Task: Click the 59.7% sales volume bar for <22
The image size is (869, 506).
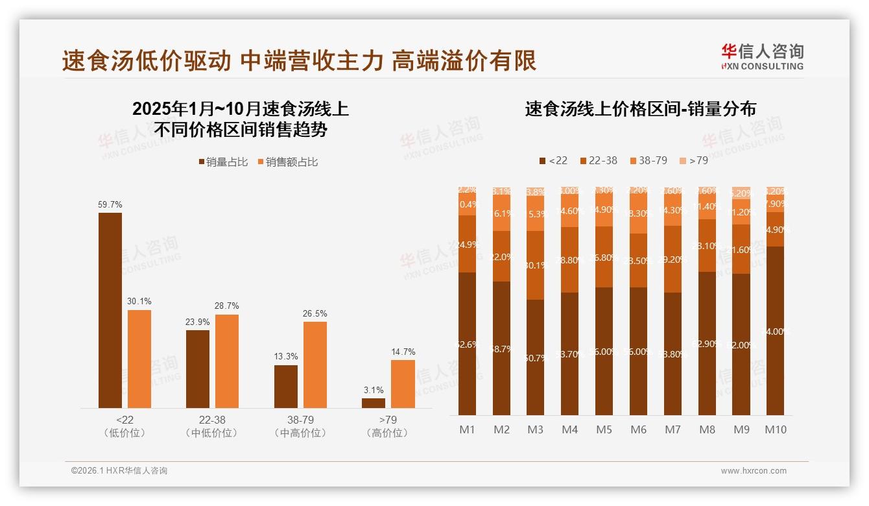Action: (110, 310)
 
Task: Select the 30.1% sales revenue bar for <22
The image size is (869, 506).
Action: (139, 359)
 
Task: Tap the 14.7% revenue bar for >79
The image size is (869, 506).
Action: (403, 383)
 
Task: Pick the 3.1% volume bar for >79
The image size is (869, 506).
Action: (374, 403)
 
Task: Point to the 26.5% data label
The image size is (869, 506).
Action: (315, 314)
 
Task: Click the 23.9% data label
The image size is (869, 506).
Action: (198, 322)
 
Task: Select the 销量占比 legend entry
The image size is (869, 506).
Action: (223, 162)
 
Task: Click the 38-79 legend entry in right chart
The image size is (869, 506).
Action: (648, 160)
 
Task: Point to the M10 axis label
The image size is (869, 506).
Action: (776, 429)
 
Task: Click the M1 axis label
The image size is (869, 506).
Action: (468, 429)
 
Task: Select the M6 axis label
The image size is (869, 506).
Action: (639, 429)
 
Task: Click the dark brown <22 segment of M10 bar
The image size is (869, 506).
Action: (776, 331)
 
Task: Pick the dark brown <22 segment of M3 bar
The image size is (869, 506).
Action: (536, 357)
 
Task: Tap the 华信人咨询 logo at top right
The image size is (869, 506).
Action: (763, 56)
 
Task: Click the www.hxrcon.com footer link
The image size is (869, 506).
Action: (754, 471)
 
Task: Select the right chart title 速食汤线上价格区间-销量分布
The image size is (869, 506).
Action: (641, 109)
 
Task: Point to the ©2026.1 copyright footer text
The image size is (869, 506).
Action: (119, 471)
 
